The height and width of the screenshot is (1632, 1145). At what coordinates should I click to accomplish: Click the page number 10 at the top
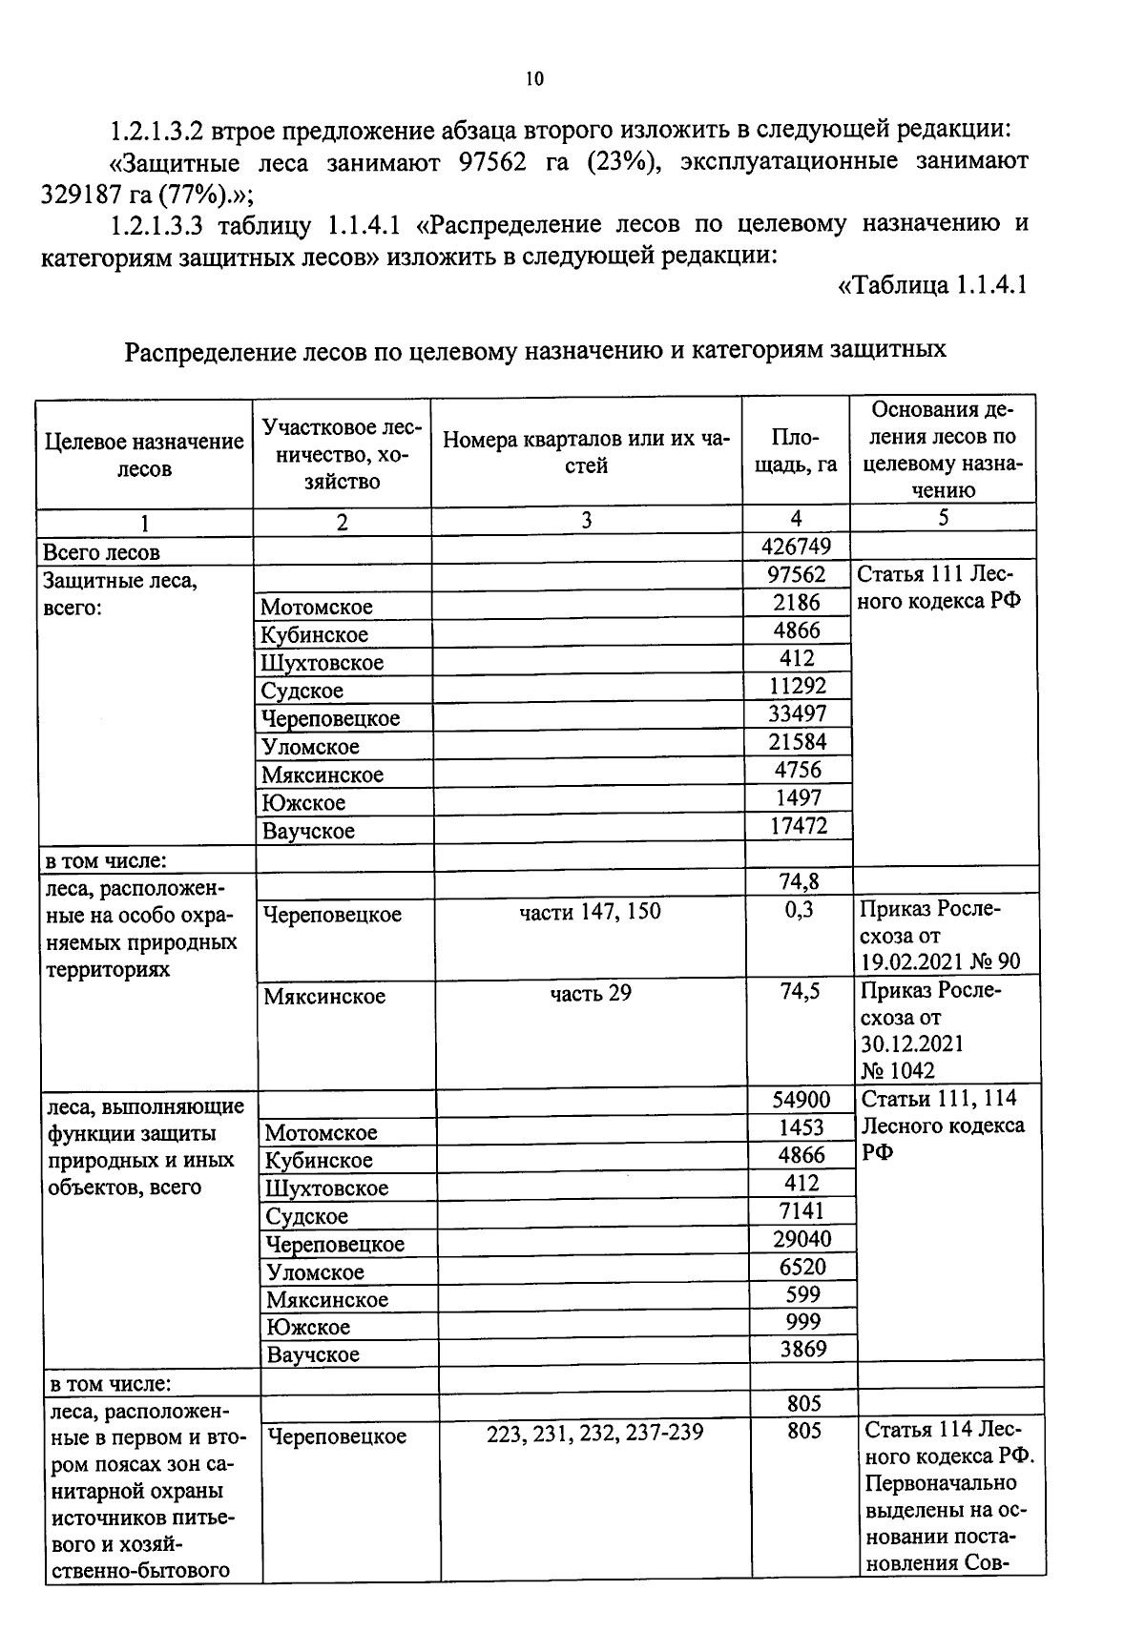(534, 79)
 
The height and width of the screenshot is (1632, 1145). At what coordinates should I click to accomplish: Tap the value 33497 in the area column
(797, 713)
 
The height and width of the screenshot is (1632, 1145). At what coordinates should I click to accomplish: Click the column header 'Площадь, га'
(796, 450)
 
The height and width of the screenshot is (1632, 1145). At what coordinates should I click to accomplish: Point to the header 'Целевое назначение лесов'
(144, 455)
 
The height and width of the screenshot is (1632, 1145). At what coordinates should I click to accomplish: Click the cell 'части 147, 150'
(590, 912)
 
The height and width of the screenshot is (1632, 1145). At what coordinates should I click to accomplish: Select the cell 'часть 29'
(590, 994)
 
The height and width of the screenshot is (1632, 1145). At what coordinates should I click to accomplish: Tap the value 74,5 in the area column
(800, 992)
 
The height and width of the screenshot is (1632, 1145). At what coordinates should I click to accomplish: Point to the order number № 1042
(898, 1070)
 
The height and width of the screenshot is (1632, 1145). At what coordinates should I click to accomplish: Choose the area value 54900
(801, 1100)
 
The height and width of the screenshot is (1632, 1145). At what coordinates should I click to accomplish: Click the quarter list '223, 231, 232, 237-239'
(594, 1433)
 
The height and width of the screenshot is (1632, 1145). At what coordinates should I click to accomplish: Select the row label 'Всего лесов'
(102, 552)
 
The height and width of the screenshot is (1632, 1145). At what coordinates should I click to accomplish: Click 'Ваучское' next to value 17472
(308, 831)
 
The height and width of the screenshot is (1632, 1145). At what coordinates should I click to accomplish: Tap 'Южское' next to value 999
(308, 1327)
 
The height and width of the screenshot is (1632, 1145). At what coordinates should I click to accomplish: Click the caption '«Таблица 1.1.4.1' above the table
(931, 285)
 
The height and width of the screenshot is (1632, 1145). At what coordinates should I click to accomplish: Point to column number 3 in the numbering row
(586, 520)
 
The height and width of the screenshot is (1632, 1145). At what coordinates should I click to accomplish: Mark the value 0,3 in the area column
(800, 910)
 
